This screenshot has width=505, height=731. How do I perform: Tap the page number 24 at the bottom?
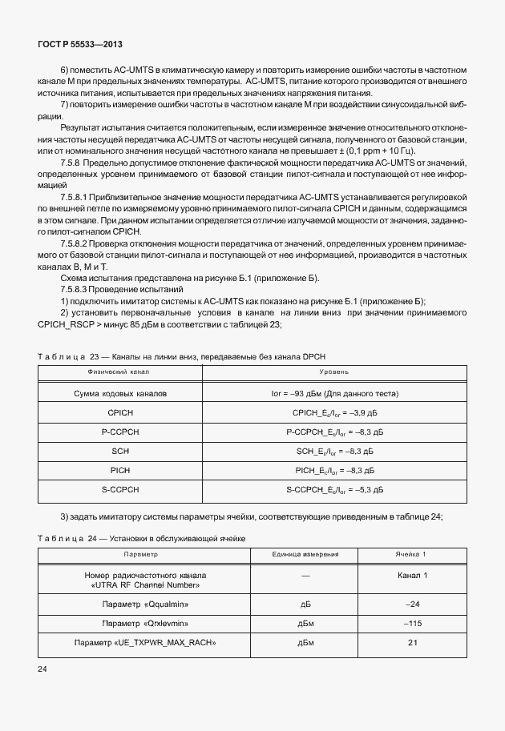[43, 668]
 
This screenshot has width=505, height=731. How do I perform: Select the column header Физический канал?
[119, 372]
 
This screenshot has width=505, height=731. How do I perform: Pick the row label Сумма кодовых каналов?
[119, 394]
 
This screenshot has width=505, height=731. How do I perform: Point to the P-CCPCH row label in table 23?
[119, 432]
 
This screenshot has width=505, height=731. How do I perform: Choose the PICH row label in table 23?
[119, 470]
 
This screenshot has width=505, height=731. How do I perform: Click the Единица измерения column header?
[305, 554]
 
